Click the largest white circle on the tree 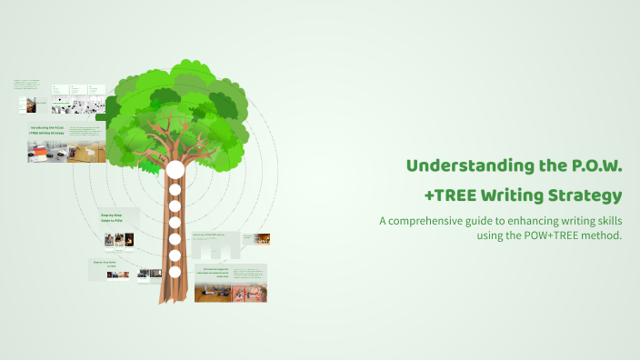[175, 169]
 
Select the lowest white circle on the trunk [175, 271]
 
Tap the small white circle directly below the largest [175, 189]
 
